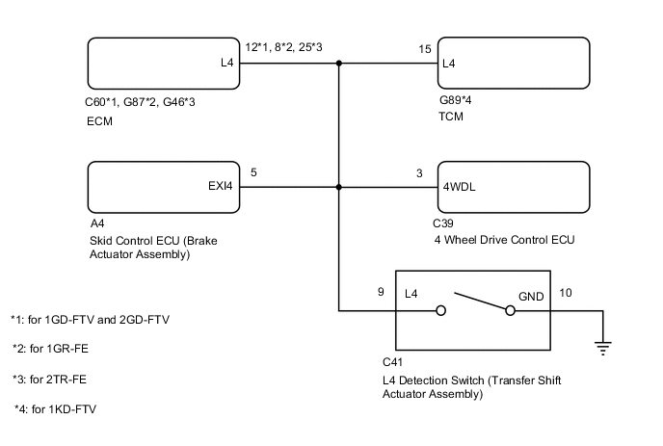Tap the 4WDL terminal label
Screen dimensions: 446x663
tap(460, 188)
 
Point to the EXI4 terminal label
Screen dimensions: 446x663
tap(221, 188)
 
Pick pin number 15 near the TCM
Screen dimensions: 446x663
tap(424, 49)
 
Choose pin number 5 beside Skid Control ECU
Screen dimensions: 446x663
tap(253, 173)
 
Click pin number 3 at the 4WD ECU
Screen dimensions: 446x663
tap(419, 173)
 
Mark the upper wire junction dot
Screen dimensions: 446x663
tap(339, 65)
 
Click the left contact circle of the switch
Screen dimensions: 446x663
tap(440, 310)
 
